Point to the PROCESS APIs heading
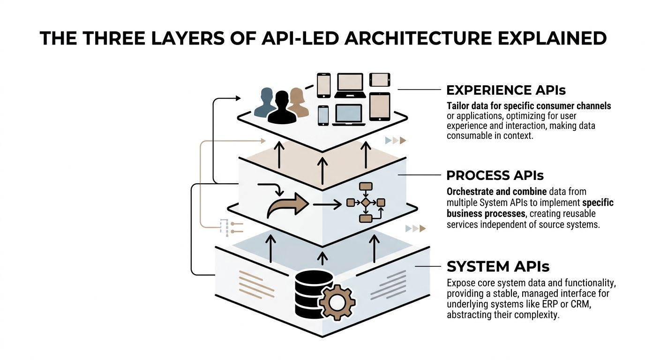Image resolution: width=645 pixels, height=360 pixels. pyautogui.click(x=495, y=175)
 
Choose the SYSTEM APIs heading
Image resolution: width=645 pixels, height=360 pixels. pyautogui.click(x=498, y=266)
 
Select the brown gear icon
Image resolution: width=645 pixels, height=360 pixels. pyautogui.click(x=337, y=303)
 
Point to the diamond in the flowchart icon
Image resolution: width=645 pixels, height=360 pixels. pyautogui.click(x=366, y=202)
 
